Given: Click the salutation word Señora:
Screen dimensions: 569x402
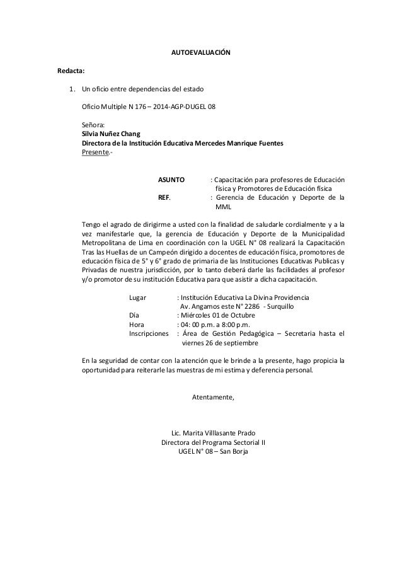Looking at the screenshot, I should pyautogui.click(x=95, y=125).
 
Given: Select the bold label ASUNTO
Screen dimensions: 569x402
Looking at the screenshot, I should pyautogui.click(x=171, y=180).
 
